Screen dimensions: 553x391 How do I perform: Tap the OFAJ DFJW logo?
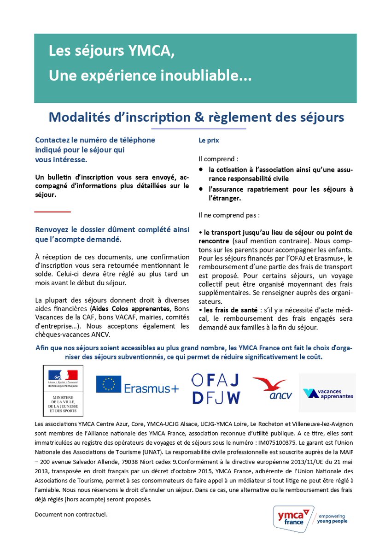tap(216, 388)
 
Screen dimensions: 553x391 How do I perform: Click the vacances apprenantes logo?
tap(327, 393)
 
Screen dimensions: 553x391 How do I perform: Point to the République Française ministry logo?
tap(63, 391)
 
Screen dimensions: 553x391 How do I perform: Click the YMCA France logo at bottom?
tap(293, 518)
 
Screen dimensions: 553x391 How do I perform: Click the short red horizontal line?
tap(53, 212)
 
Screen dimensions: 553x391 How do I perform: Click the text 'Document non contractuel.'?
tap(71, 513)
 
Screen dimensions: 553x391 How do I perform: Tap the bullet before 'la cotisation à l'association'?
tap(201, 170)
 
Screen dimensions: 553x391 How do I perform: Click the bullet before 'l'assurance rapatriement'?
tap(201, 189)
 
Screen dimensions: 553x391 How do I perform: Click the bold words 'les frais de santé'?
tap(219, 310)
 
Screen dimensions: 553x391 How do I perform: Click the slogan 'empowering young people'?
tap(333, 518)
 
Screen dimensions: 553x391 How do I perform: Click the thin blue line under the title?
tap(196, 129)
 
